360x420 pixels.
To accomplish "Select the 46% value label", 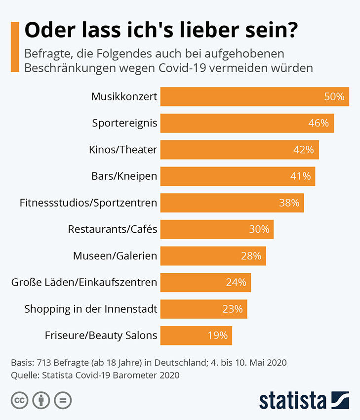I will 319,123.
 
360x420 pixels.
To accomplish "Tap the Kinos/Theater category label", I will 123,150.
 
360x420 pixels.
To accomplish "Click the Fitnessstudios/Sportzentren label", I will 88,203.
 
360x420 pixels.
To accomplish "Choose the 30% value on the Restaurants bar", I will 259,229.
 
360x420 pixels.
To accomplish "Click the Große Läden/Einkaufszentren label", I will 84,283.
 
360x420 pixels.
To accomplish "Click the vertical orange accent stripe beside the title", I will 15,47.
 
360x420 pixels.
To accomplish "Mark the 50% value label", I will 334,97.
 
